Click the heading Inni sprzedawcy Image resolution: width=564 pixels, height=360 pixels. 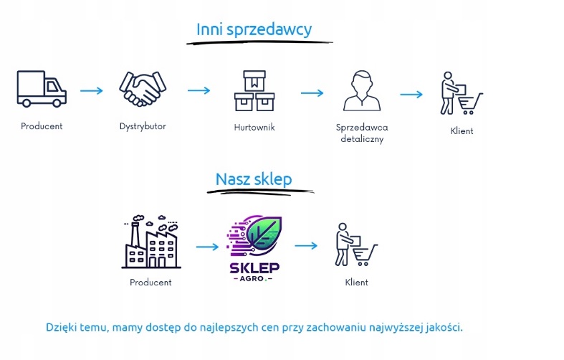(x=254, y=29)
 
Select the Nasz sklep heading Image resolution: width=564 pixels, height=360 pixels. (x=254, y=179)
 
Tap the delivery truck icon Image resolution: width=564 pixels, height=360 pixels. (x=42, y=90)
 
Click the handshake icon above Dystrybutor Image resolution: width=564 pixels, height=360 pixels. (x=143, y=90)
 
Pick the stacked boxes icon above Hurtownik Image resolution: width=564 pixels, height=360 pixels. (x=254, y=91)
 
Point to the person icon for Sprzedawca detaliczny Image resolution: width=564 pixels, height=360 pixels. (x=360, y=91)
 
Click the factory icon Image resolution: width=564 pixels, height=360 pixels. (x=150, y=242)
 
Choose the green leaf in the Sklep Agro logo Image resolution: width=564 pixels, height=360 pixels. (x=264, y=234)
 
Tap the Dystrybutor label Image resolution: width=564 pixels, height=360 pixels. (x=143, y=126)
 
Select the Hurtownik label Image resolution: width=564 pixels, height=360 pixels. (x=254, y=127)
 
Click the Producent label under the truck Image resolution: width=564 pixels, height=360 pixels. (x=42, y=126)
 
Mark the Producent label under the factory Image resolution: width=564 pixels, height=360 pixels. (x=150, y=283)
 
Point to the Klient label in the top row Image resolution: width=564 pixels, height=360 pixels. (x=462, y=131)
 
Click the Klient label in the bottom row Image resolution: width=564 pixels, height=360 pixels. (x=356, y=283)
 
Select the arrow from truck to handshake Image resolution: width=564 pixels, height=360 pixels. (x=91, y=91)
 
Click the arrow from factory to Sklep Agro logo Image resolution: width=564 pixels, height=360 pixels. (x=206, y=247)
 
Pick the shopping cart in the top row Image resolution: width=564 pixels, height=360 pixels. (x=471, y=104)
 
